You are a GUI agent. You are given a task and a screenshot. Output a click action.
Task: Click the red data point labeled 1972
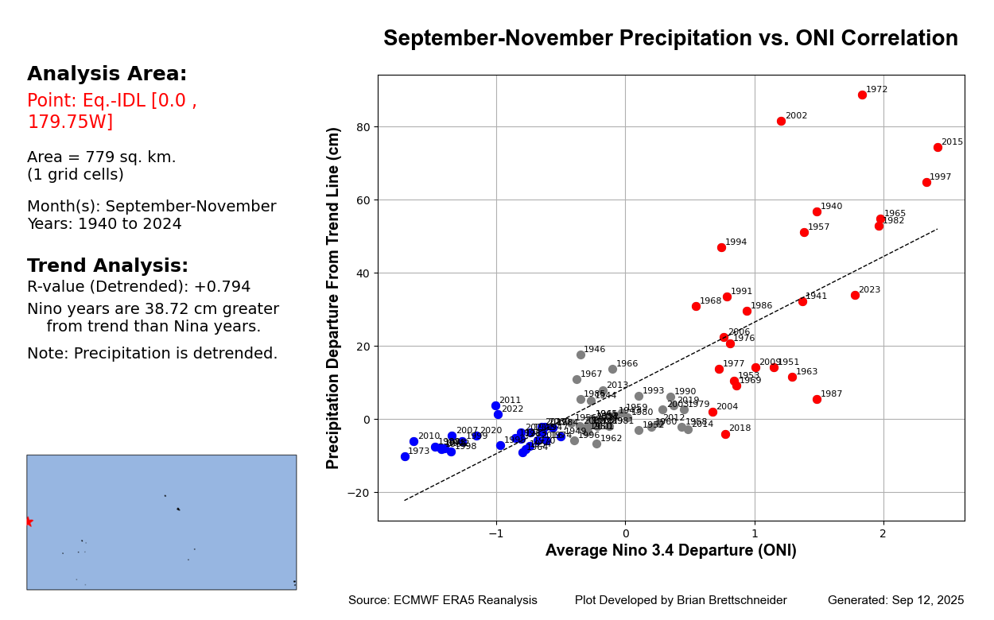(x=862, y=95)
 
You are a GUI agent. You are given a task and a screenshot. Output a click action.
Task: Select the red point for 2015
(x=938, y=147)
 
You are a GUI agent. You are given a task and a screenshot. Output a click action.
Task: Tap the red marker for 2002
(x=781, y=121)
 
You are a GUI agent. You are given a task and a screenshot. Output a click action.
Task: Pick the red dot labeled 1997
(x=926, y=182)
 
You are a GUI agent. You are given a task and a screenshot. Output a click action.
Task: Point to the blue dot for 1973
(x=405, y=456)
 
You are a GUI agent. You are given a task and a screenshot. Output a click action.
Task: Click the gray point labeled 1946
(x=580, y=355)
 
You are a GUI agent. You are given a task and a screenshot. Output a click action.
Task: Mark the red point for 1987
(x=817, y=399)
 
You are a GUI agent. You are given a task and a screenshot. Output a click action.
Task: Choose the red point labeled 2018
(x=725, y=434)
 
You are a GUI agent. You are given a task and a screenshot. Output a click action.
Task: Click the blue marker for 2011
(x=495, y=405)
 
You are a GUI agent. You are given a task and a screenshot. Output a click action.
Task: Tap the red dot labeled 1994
(x=721, y=247)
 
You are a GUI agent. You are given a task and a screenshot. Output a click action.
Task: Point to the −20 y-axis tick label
(x=358, y=493)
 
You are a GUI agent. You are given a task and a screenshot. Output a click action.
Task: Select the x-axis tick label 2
(x=883, y=533)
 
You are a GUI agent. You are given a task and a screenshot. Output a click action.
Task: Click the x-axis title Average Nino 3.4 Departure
(x=670, y=551)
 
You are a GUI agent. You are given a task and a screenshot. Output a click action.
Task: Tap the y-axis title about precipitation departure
(x=334, y=297)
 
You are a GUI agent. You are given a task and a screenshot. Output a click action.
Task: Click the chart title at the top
(x=670, y=39)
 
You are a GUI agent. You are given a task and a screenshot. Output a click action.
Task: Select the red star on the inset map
(x=29, y=521)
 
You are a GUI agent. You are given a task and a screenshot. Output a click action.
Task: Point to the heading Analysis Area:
(x=107, y=75)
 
